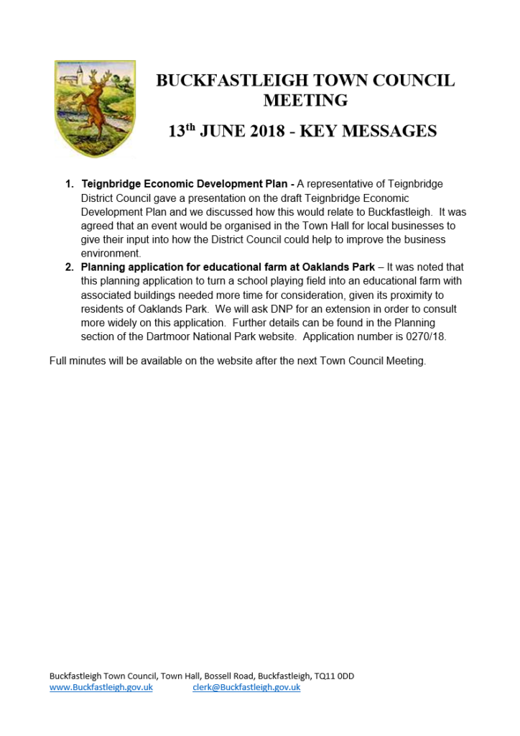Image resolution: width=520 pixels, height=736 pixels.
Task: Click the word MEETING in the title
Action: [305, 100]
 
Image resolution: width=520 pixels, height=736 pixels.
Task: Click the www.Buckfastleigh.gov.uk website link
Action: [101, 688]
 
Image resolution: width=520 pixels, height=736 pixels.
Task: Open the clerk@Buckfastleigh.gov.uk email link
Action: [246, 688]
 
